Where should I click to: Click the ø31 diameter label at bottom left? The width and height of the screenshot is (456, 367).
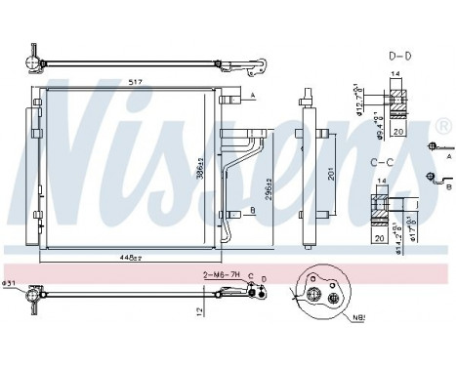pos(11,284)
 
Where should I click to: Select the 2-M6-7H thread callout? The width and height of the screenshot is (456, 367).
pos(221,275)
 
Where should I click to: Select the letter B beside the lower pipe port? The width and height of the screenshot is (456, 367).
pos(253,209)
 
